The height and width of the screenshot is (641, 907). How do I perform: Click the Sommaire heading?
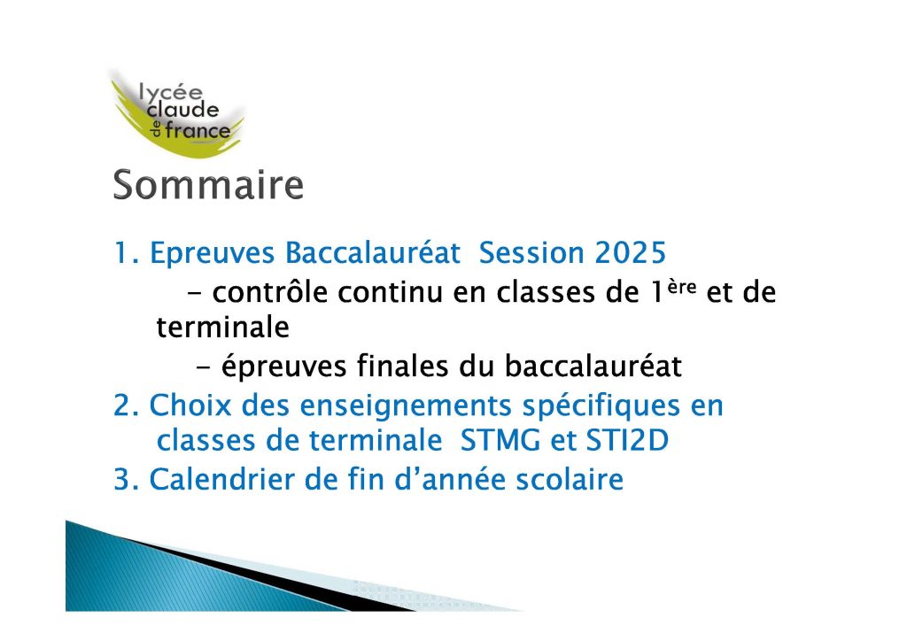click(208, 185)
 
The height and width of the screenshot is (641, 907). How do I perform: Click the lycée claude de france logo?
click(176, 112)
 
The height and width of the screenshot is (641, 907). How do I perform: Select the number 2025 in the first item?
click(631, 252)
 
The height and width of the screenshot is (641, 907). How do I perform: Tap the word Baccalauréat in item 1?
click(373, 252)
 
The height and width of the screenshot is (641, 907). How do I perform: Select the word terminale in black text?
click(222, 328)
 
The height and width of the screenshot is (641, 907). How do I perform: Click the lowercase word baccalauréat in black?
click(593, 366)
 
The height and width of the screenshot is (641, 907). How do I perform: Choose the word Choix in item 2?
click(190, 405)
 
